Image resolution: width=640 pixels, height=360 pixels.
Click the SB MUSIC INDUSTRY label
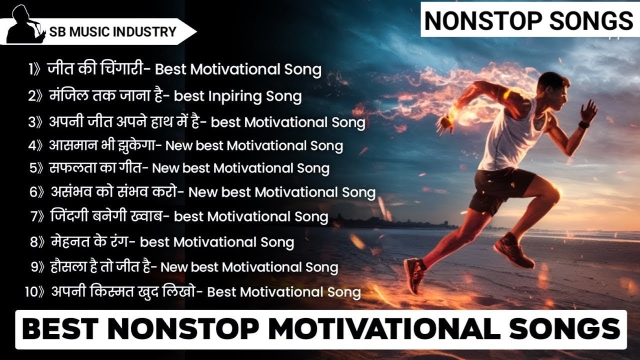(x=112, y=32)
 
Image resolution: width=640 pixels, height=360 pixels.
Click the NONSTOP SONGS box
(x=528, y=20)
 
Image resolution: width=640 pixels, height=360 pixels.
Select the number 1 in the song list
(x=31, y=69)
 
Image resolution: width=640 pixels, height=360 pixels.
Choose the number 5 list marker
(x=32, y=168)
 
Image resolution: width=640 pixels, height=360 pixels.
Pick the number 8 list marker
(x=34, y=242)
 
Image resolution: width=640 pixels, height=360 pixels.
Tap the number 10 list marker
(x=31, y=291)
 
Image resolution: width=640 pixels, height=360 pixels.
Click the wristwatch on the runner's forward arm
(x=584, y=124)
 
